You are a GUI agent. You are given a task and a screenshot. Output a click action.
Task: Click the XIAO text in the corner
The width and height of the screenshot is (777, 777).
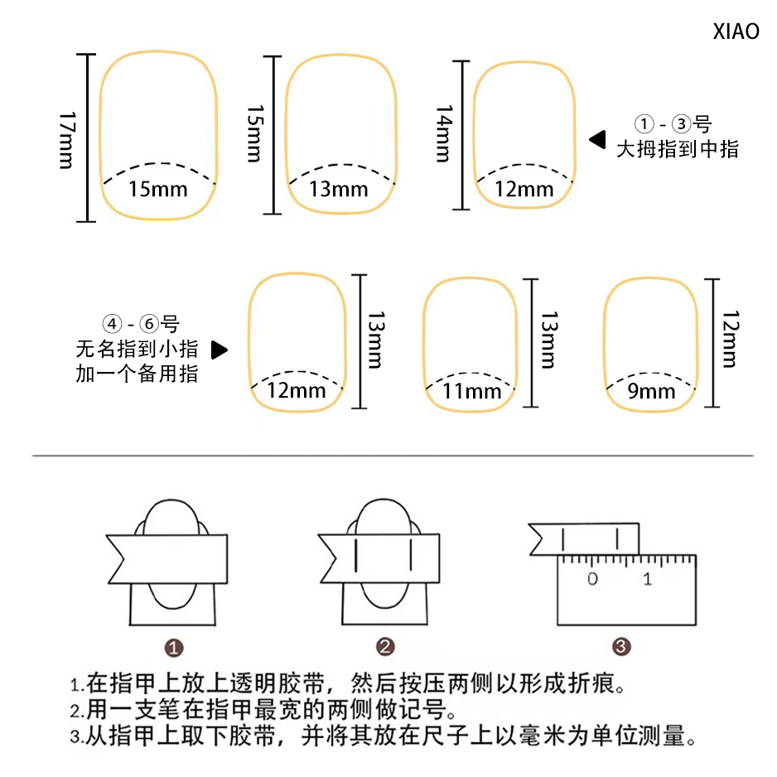click(x=736, y=31)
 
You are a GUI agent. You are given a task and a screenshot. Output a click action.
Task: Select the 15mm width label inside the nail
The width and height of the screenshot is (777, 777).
click(x=157, y=190)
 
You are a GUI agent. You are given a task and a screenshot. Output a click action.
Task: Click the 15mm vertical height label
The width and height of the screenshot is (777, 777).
click(x=255, y=133)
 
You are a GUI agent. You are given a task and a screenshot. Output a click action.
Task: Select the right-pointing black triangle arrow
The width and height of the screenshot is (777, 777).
click(x=219, y=350)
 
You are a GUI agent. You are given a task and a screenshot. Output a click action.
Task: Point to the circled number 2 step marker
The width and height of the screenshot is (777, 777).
click(x=385, y=647)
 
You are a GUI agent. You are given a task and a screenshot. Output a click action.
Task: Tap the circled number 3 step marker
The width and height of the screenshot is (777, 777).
click(x=622, y=647)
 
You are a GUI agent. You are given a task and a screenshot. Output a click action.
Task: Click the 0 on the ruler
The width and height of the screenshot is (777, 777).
click(x=592, y=579)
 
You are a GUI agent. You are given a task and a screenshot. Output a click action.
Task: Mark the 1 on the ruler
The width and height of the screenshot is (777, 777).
click(x=647, y=579)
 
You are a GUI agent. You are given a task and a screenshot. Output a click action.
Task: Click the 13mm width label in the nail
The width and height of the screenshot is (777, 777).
click(x=339, y=190)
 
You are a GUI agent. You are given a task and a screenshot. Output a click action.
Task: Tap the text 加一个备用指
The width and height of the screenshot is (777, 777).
click(x=137, y=373)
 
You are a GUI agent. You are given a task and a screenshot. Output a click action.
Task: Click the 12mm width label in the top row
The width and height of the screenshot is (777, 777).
click(x=524, y=190)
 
